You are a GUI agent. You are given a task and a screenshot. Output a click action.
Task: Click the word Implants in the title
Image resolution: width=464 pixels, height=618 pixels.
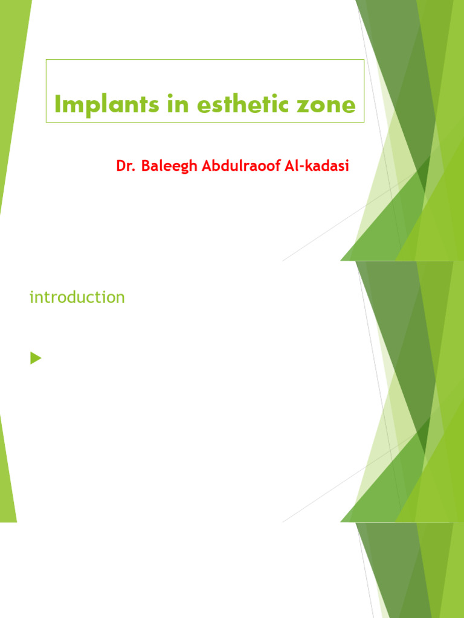[x=94, y=105]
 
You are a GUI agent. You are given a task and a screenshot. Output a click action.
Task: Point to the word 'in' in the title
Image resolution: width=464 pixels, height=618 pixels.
[x=147, y=105]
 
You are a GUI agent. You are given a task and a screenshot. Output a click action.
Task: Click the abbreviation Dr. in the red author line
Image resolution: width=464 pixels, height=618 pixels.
[x=125, y=165]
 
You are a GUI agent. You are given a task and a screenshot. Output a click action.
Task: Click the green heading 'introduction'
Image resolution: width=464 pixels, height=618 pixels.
[x=77, y=297]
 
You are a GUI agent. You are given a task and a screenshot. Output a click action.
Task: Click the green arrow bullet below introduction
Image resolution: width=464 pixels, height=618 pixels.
[x=36, y=359]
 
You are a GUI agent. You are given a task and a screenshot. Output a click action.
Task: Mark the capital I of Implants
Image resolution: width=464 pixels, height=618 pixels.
[x=57, y=105]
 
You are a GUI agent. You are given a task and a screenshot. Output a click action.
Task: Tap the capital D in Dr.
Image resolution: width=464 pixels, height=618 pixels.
[x=121, y=165]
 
